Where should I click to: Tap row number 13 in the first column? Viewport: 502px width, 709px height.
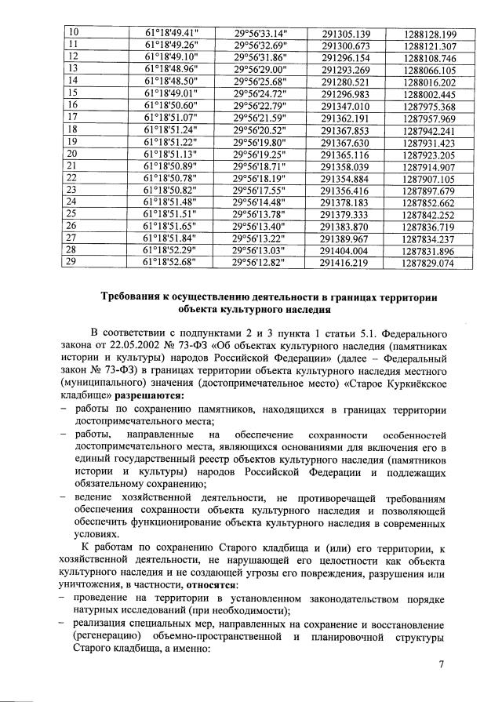(74, 69)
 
